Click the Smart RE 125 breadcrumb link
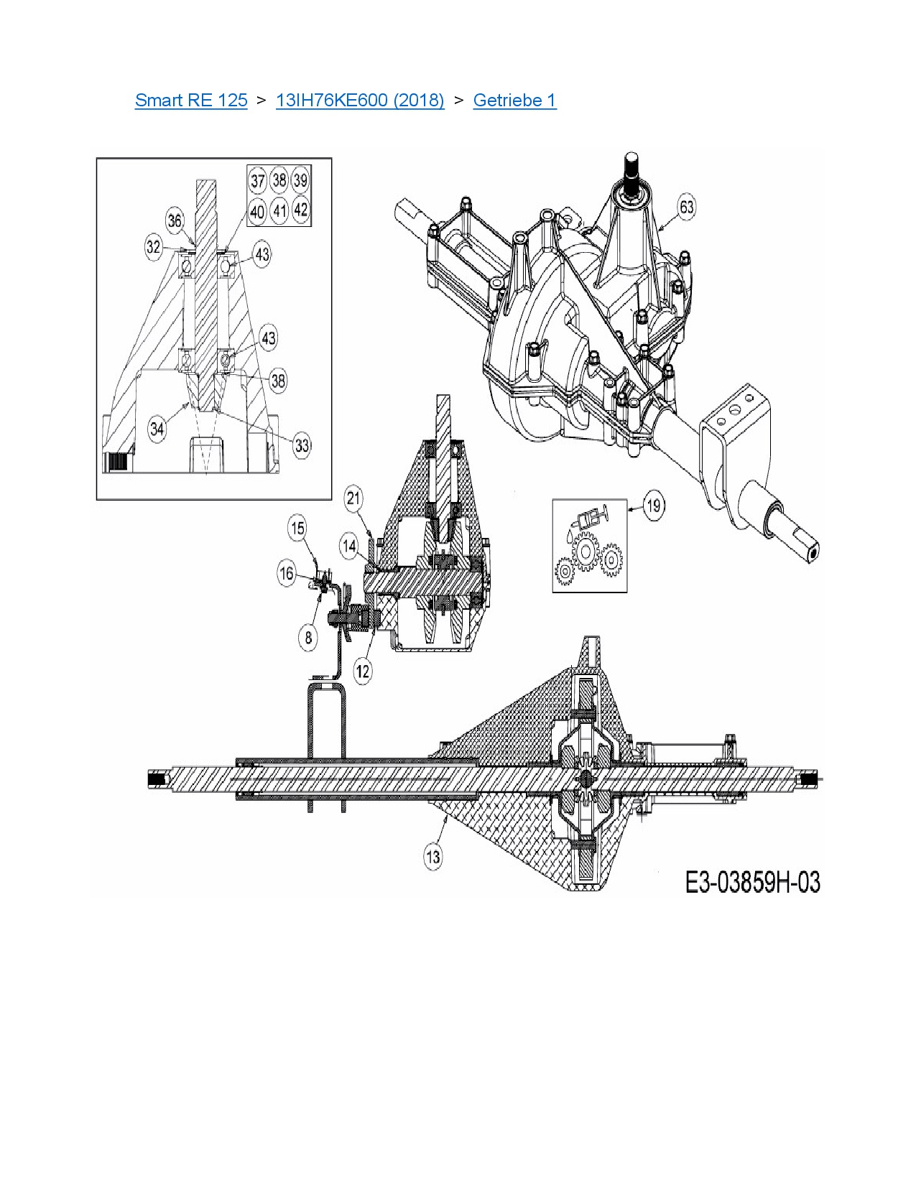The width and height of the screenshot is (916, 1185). (191, 101)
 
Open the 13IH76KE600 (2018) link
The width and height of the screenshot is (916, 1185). (360, 101)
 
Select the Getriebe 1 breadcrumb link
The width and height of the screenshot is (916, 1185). (514, 101)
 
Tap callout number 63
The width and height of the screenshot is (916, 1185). (687, 208)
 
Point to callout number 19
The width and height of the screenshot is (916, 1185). (653, 506)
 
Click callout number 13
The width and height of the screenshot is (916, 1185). (433, 857)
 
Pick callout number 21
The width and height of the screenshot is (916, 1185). (354, 498)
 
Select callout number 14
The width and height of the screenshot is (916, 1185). (350, 546)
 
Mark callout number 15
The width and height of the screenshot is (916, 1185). (297, 528)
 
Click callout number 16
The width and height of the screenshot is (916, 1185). (287, 574)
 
